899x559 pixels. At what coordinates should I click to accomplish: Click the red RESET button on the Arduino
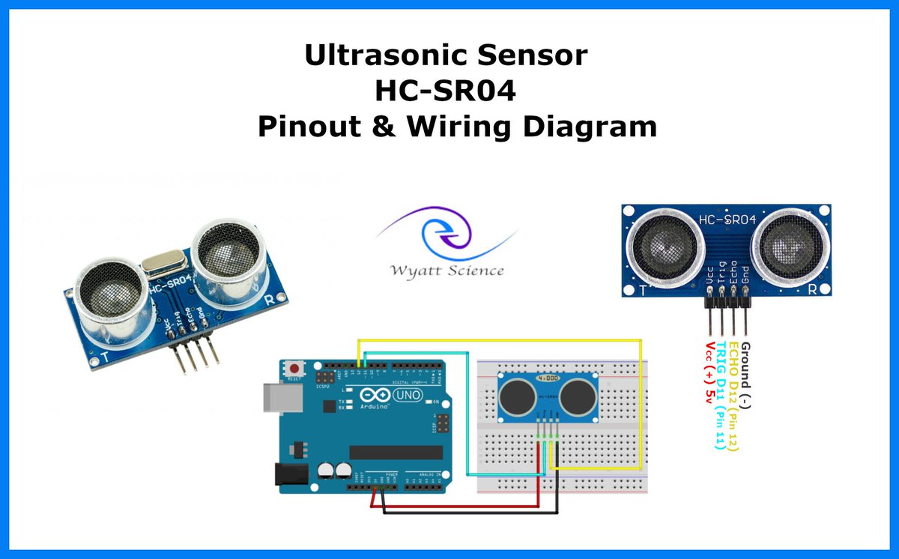click(x=297, y=369)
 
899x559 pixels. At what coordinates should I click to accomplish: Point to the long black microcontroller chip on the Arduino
click(x=396, y=451)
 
